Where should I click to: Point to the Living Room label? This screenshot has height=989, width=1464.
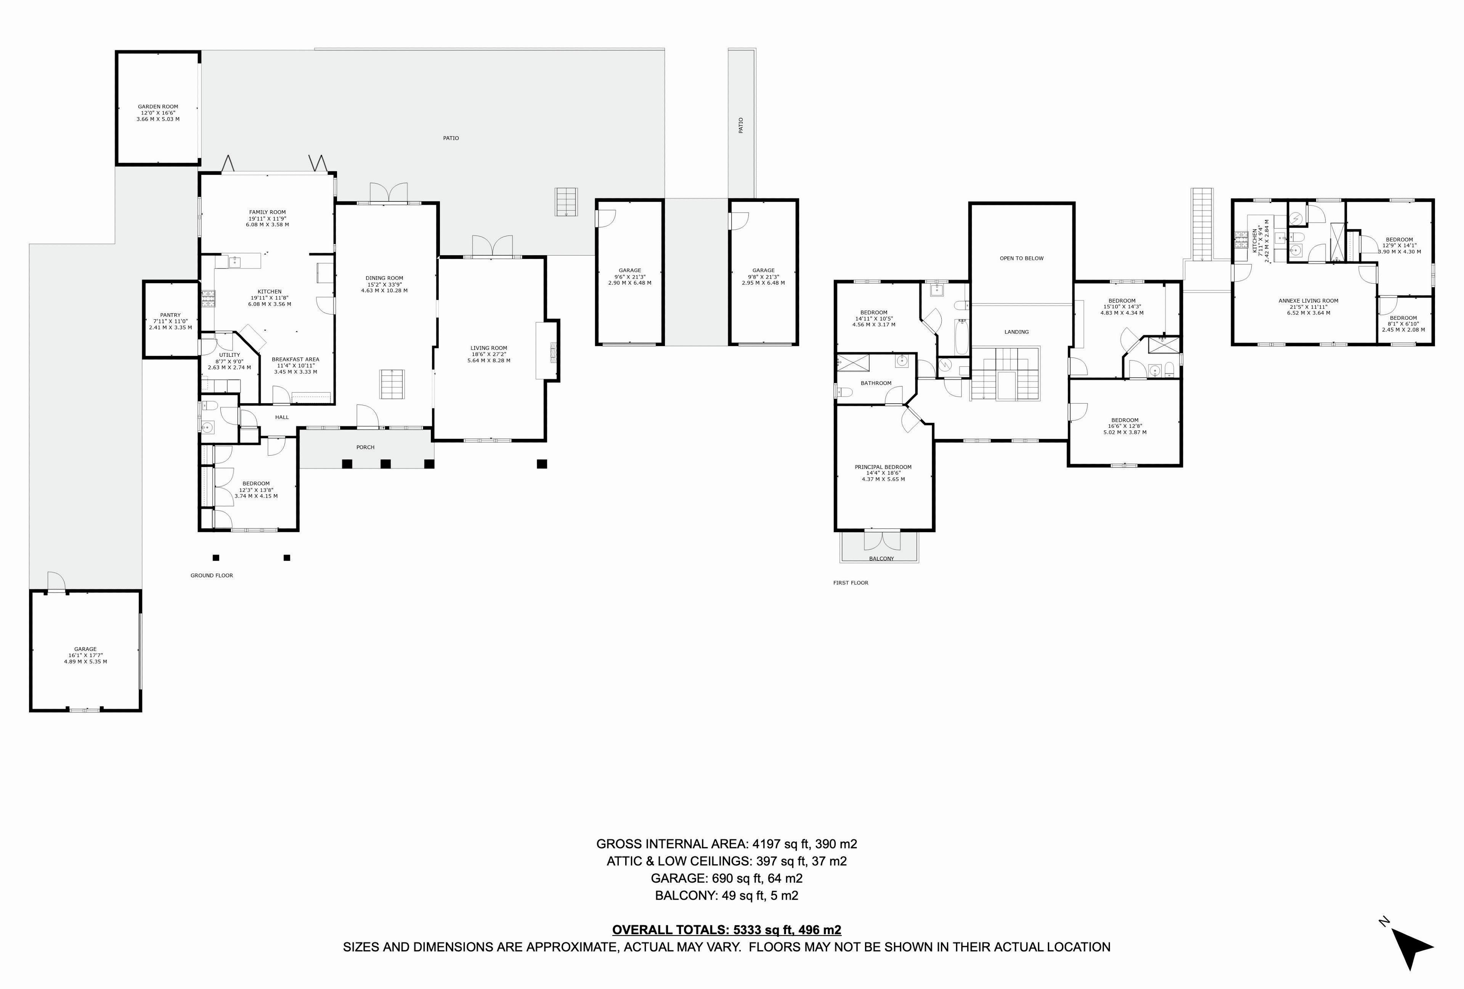point(489,354)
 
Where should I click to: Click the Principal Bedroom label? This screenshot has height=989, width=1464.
point(883,473)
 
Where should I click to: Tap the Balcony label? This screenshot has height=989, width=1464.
point(881,559)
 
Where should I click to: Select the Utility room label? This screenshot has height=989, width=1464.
point(229,361)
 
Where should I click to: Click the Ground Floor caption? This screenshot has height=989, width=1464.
point(212,575)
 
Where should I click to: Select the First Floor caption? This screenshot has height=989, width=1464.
point(851,583)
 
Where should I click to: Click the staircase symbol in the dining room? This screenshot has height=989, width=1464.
point(392,385)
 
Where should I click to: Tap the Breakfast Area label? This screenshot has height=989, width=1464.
point(295,366)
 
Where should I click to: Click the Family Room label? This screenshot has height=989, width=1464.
point(268,219)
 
